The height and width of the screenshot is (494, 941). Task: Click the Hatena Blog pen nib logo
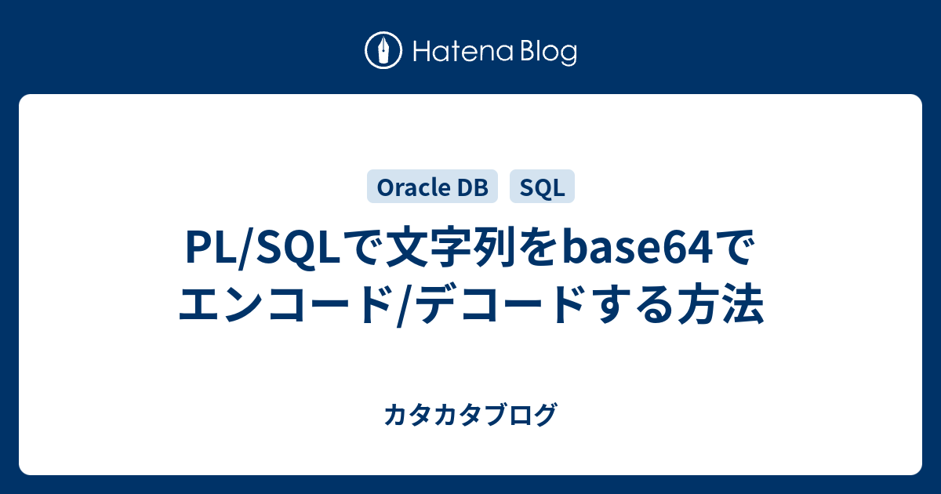tap(383, 50)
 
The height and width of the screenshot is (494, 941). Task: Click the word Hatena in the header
tap(463, 51)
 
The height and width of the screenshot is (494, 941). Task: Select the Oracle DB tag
tap(432, 187)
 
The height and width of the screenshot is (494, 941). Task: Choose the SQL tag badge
tap(542, 187)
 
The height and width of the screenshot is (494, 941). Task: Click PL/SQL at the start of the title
tap(263, 248)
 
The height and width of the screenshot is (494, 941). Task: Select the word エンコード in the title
tap(285, 303)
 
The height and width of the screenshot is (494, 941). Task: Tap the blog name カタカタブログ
tap(471, 414)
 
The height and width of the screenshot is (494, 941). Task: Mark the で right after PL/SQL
tap(362, 248)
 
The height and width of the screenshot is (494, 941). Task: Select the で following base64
tap(734, 248)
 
